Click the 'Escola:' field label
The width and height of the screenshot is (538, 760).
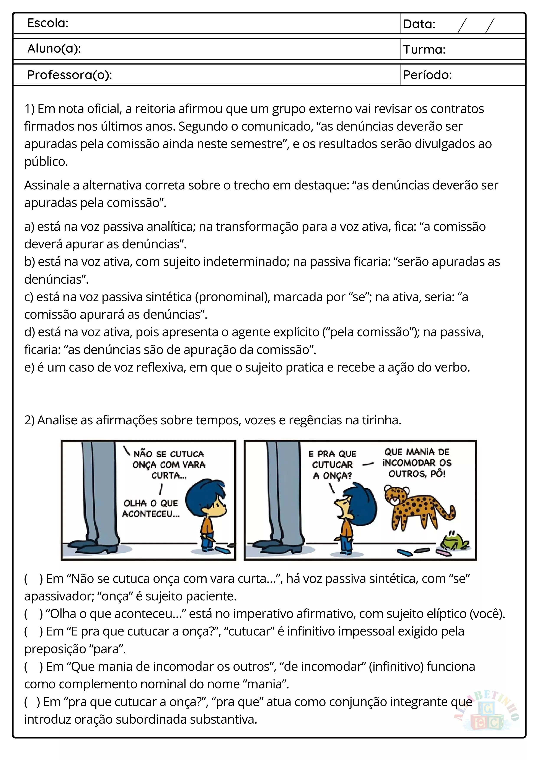[48, 23]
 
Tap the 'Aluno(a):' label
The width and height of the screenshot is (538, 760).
[54, 49]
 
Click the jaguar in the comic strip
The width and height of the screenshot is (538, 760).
[417, 508]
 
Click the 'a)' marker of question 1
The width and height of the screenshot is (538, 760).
[29, 227]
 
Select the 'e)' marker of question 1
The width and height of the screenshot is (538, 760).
[29, 367]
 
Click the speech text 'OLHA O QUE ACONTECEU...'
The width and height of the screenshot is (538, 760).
[151, 509]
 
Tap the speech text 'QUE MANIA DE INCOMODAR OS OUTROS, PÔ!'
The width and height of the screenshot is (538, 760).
[417, 463]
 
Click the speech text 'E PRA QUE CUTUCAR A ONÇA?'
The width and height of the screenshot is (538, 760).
[332, 465]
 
